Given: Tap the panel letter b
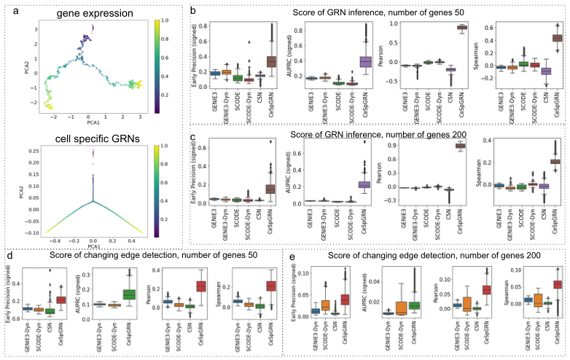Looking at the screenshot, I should tap(192, 10).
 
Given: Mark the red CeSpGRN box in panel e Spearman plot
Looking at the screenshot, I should tap(558, 284).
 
